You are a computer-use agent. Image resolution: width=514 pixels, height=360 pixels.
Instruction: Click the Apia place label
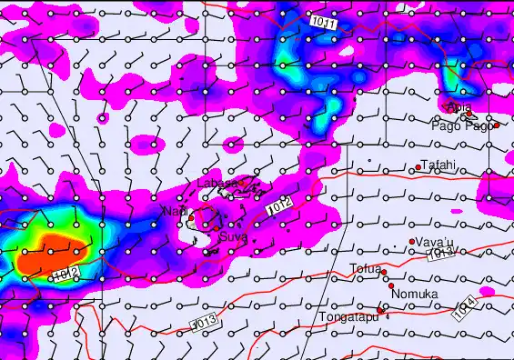click(459, 107)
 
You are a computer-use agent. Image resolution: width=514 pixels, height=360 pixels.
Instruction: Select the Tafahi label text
click(438, 165)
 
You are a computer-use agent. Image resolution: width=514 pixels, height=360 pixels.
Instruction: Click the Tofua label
click(365, 268)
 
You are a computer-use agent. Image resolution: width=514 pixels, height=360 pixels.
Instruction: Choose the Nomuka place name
click(415, 294)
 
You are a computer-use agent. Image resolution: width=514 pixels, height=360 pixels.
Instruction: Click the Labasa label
click(217, 183)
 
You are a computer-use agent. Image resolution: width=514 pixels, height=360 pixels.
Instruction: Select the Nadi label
click(175, 211)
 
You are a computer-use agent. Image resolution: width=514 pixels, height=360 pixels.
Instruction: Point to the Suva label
click(232, 237)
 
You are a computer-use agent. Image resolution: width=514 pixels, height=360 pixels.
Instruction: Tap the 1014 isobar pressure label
click(463, 312)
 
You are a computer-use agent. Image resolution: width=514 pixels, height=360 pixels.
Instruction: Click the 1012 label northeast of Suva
click(280, 207)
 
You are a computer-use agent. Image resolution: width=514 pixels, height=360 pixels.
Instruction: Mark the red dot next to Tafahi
click(418, 167)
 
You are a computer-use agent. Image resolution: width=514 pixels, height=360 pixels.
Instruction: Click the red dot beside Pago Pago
click(497, 125)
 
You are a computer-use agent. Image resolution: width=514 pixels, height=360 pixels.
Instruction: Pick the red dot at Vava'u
click(412, 241)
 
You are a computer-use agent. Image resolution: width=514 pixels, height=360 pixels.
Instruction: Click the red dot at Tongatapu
click(380, 310)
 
